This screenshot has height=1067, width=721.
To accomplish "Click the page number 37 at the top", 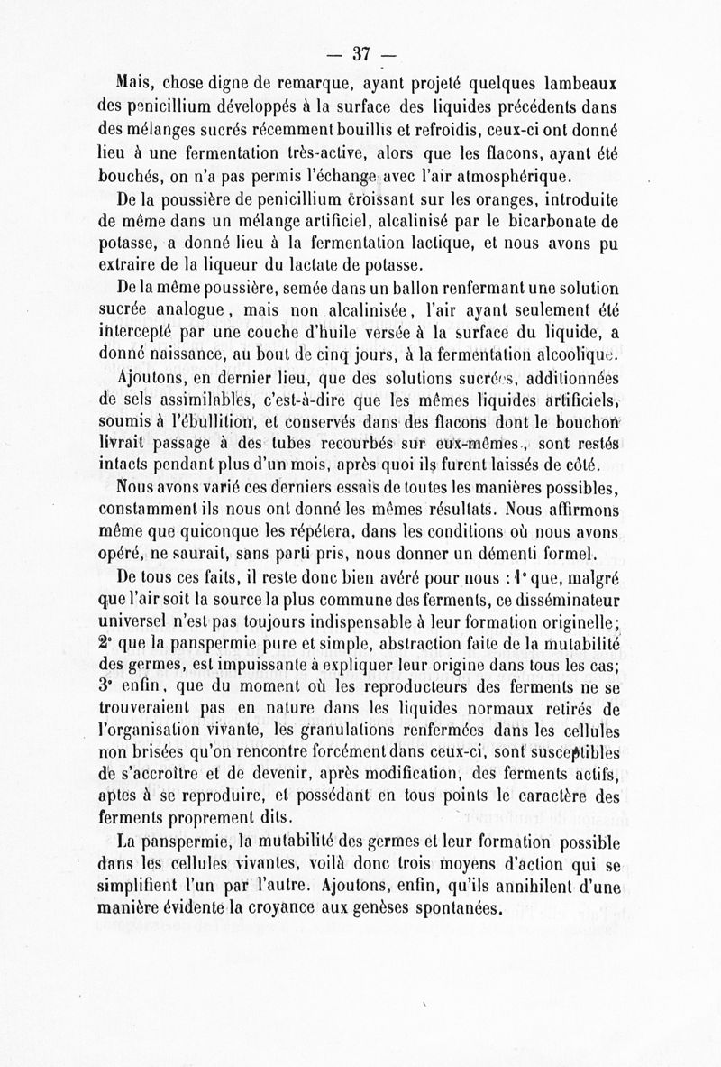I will tap(362, 53).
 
